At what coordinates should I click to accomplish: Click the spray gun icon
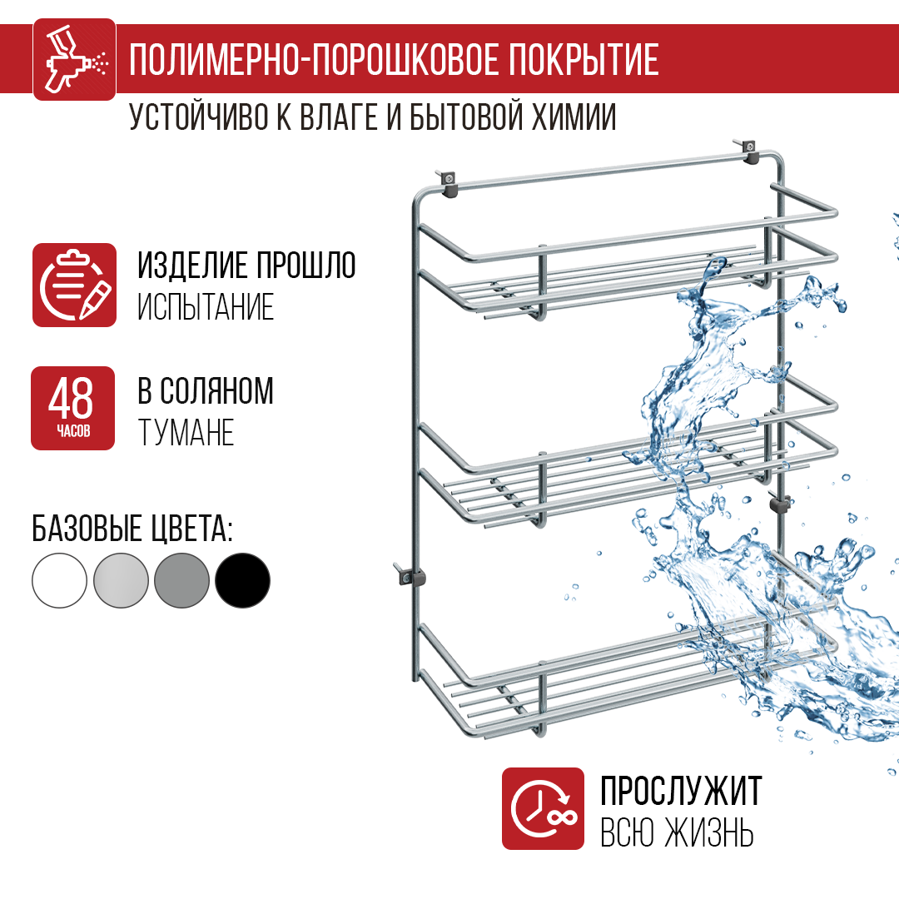tap(74, 59)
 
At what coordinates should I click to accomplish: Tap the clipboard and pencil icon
tap(74, 285)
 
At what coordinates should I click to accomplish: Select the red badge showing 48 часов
tap(72, 408)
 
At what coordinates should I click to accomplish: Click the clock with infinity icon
tap(543, 808)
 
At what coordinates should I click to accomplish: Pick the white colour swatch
tap(59, 580)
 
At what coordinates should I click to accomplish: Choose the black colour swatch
tap(243, 580)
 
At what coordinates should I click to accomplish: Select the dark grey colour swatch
tap(181, 580)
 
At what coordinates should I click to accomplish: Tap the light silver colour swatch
tap(121, 580)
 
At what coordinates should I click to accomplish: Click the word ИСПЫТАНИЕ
tap(206, 308)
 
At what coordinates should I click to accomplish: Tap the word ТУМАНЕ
tap(186, 433)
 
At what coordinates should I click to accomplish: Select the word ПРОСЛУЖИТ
tap(681, 791)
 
